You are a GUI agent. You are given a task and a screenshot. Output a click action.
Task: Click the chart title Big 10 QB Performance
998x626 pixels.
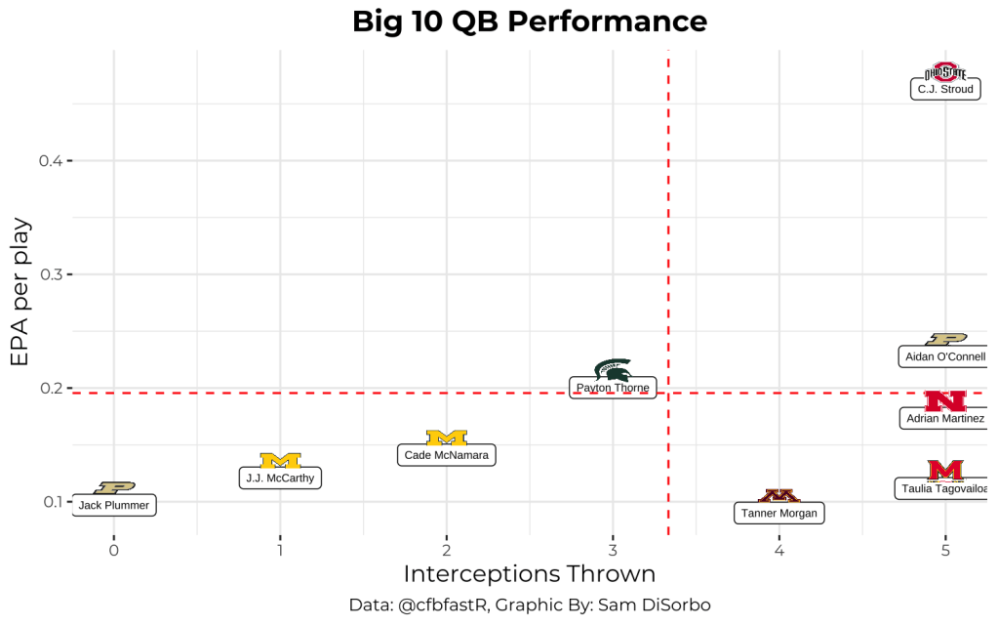point(529,21)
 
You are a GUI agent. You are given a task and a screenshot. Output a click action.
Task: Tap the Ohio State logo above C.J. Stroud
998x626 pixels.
point(944,71)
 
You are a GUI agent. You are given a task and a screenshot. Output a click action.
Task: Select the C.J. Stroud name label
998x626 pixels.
point(944,89)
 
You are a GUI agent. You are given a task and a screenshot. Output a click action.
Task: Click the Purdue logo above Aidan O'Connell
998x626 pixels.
point(944,339)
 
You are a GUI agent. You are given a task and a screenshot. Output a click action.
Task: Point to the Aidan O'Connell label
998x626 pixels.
point(944,356)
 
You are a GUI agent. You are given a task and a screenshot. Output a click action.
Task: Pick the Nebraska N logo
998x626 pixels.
point(944,400)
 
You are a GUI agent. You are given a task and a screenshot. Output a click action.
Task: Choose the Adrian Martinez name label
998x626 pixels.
point(944,419)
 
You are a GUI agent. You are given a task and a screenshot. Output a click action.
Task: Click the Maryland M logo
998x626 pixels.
point(944,471)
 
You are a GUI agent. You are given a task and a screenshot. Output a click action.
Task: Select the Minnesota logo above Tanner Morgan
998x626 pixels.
point(778,496)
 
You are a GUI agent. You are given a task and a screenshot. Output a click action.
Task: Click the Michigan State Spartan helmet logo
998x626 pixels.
point(613,370)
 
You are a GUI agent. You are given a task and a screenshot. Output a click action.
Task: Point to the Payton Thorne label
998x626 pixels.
point(613,388)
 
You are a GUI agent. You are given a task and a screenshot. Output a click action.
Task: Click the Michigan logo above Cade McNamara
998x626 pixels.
point(447,438)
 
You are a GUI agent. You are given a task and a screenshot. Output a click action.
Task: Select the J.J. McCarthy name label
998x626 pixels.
point(280,479)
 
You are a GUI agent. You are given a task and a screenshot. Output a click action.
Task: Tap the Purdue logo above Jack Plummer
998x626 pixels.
point(114,487)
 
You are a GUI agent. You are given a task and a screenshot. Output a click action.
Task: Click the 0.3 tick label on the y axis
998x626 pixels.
point(51,274)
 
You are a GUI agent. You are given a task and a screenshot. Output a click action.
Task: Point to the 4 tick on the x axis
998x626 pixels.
point(778,551)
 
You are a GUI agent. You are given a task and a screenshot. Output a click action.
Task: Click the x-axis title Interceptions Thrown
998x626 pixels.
point(529,574)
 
